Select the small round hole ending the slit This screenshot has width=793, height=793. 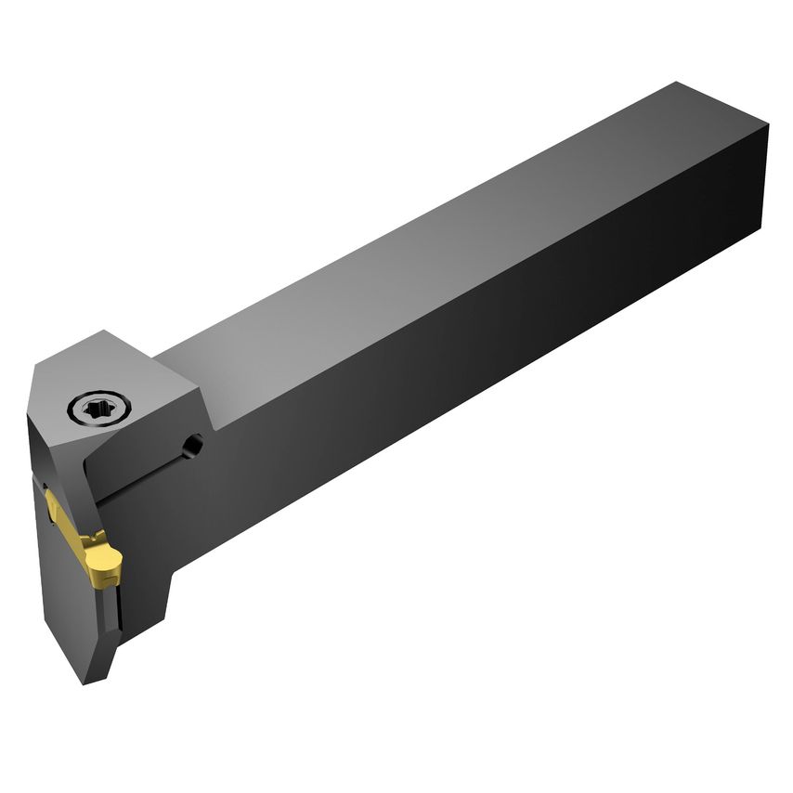pyautogui.click(x=192, y=447)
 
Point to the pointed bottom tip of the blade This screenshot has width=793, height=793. pyautogui.click(x=88, y=682)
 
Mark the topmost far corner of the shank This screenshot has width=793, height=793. pyautogui.click(x=681, y=83)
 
